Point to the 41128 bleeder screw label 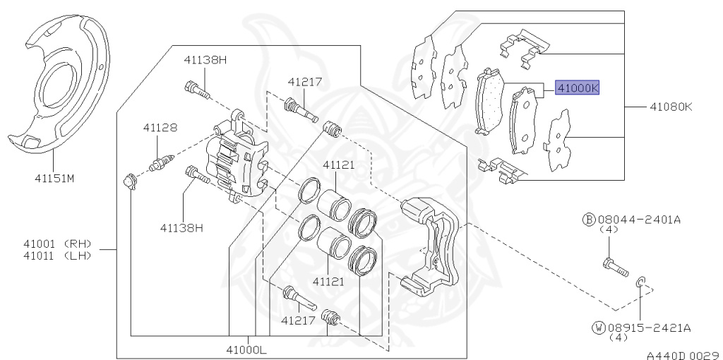pyautogui.click(x=160, y=128)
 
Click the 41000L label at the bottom pyautogui.click(x=247, y=349)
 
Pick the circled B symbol pyautogui.click(x=589, y=220)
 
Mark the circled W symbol pyautogui.click(x=598, y=328)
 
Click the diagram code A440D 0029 pyautogui.click(x=681, y=351)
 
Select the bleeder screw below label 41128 pyautogui.click(x=161, y=162)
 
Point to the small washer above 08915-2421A pyautogui.click(x=640, y=284)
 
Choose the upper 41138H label pyautogui.click(x=205, y=60)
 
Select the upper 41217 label pyautogui.click(x=304, y=82)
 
